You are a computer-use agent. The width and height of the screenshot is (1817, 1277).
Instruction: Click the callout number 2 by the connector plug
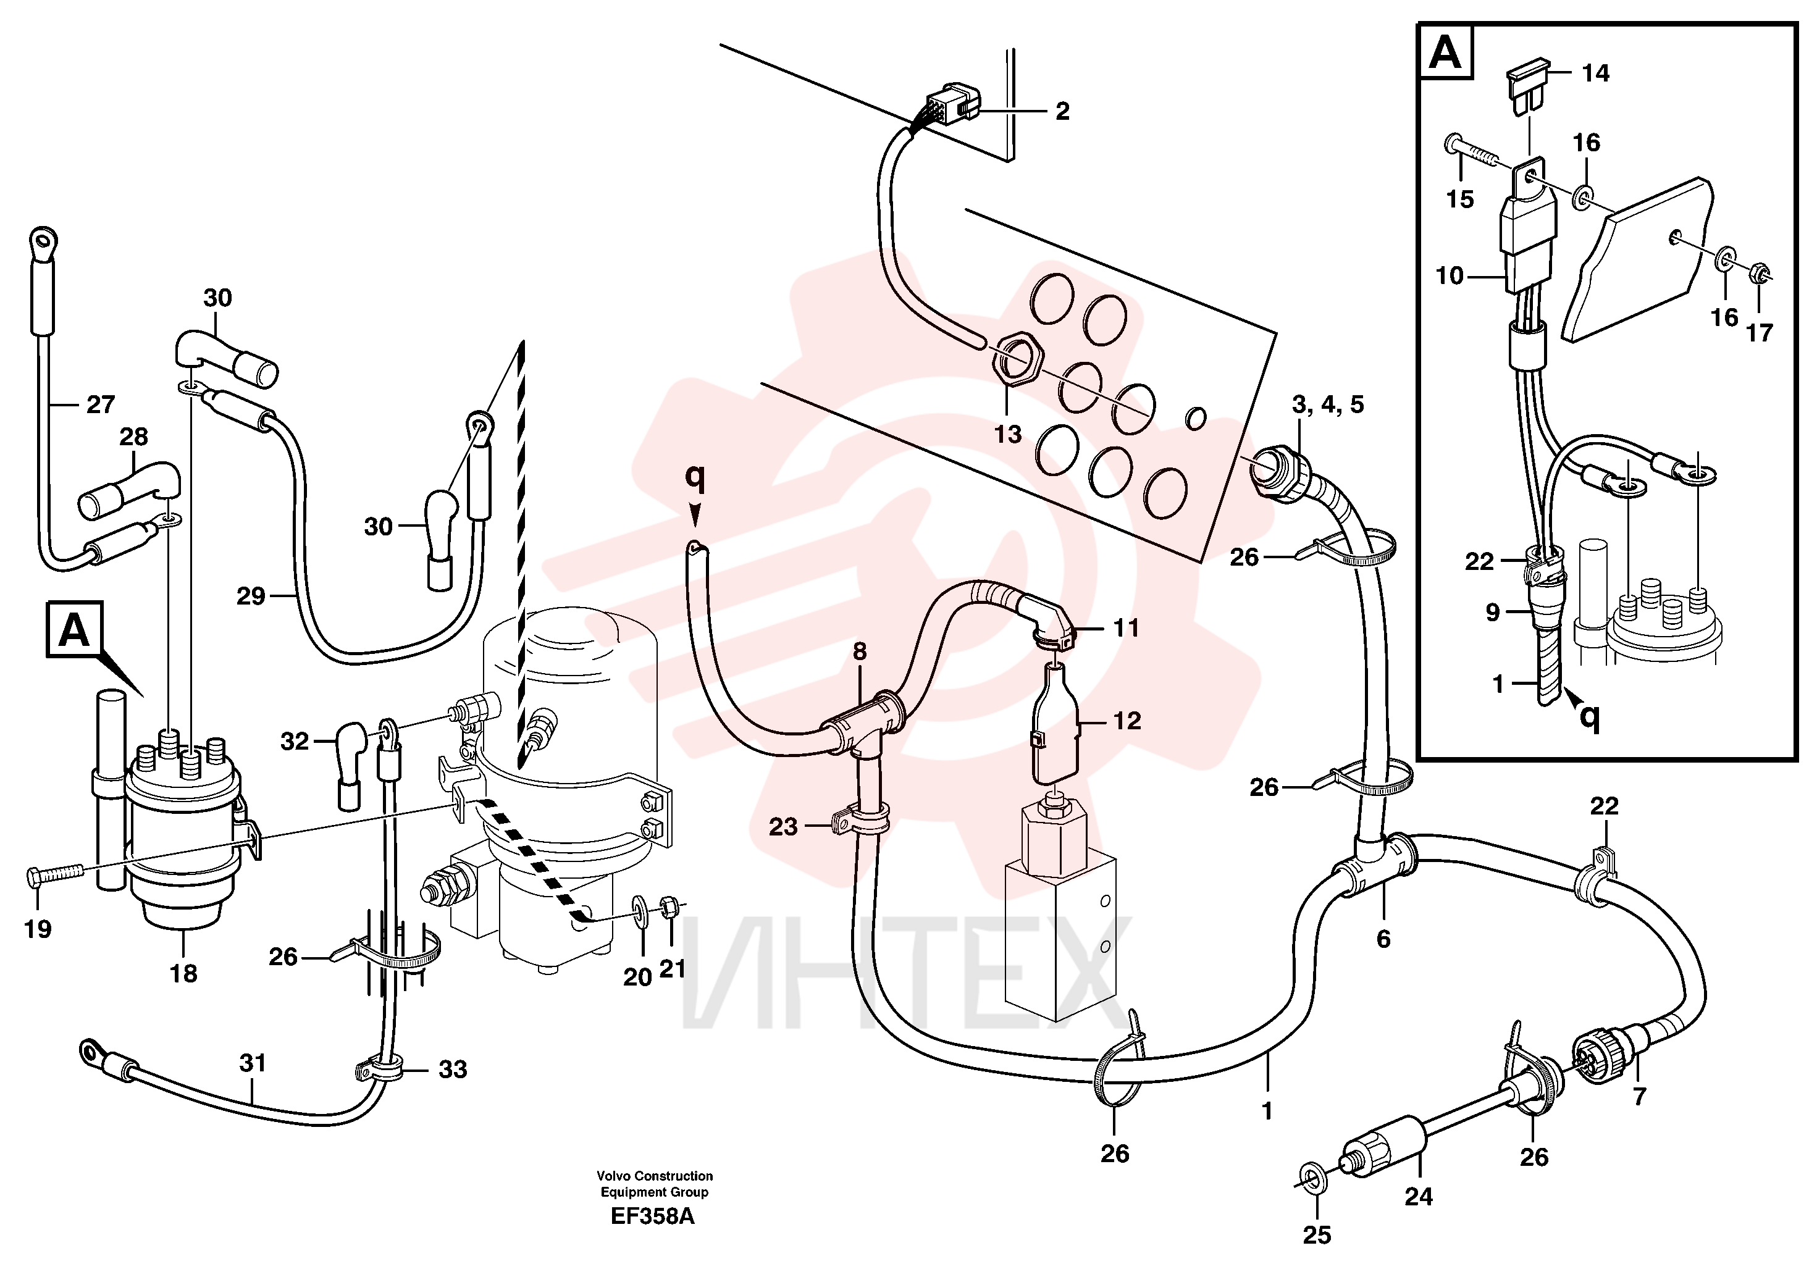[x=1062, y=112]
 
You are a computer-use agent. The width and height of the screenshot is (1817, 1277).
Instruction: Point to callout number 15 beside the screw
[x=1460, y=199]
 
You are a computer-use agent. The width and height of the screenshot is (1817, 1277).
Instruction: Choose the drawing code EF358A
[x=652, y=1216]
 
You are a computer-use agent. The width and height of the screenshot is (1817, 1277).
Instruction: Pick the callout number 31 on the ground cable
[x=253, y=1063]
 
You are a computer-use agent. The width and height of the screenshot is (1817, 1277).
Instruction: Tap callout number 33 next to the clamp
[x=453, y=1070]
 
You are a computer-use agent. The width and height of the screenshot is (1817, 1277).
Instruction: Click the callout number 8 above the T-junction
[x=860, y=651]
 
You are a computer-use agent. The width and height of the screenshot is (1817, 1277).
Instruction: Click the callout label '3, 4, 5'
[x=1328, y=405]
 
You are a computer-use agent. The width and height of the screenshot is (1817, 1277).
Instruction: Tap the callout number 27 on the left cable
[x=101, y=405]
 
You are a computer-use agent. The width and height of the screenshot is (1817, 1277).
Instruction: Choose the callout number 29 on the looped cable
[x=251, y=596]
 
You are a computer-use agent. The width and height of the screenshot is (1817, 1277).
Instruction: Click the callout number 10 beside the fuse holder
[x=1450, y=276]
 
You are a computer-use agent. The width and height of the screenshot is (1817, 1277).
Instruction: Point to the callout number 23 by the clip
[x=784, y=827]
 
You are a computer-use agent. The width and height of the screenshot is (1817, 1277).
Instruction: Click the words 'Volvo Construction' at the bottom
[x=655, y=1176]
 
